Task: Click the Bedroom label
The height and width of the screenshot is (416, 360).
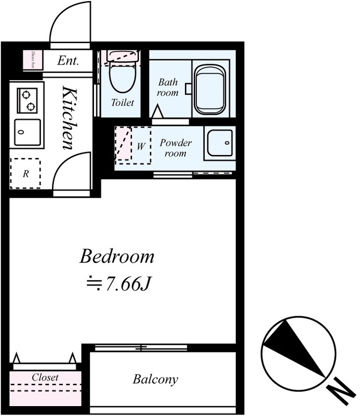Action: pyautogui.click(x=117, y=256)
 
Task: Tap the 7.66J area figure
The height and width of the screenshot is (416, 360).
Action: pyautogui.click(x=128, y=283)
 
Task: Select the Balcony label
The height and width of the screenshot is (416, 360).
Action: pyautogui.click(x=155, y=379)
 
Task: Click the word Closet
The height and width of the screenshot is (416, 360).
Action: pyautogui.click(x=45, y=377)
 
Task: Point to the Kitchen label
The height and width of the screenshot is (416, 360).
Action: pyautogui.click(x=69, y=118)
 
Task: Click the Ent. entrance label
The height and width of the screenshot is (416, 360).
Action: pyautogui.click(x=68, y=61)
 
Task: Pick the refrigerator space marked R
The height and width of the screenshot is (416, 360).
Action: pyautogui.click(x=25, y=174)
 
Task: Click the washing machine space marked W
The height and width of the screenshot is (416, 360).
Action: pyautogui.click(x=141, y=146)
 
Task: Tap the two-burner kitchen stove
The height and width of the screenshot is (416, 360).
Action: pyautogui.click(x=27, y=100)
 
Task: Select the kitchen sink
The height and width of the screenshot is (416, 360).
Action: pyautogui.click(x=28, y=133)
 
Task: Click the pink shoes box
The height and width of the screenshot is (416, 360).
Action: pyautogui.click(x=33, y=60)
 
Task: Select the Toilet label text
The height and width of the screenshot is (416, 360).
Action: pyautogui.click(x=123, y=102)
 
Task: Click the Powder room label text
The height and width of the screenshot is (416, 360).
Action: pyautogui.click(x=176, y=148)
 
